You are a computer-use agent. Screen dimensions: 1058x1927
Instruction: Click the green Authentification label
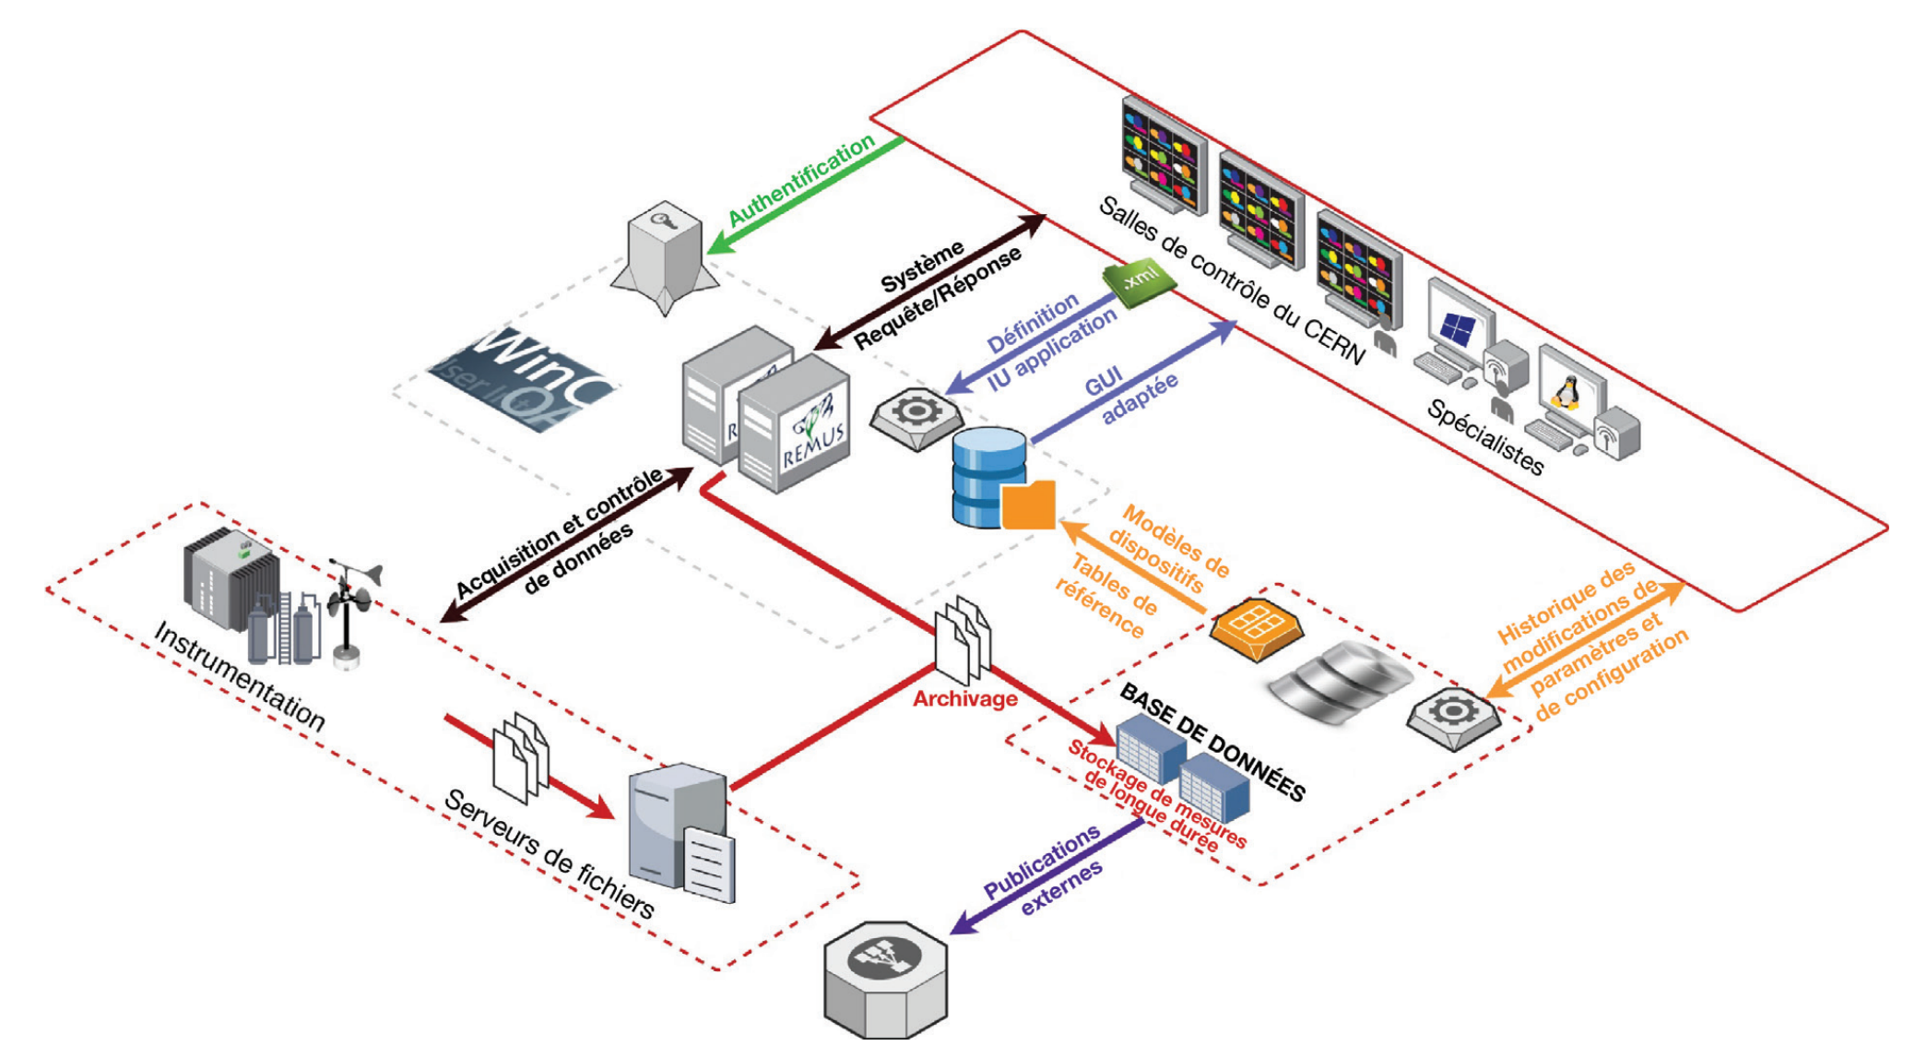point(801,179)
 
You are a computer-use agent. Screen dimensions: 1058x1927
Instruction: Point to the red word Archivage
point(964,699)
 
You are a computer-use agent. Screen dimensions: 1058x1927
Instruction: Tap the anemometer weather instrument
point(350,609)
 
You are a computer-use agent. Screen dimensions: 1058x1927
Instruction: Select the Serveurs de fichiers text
point(549,853)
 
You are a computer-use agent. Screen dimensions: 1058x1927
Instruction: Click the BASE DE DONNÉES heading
point(1212,743)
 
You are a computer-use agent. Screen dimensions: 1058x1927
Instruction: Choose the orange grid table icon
point(1256,627)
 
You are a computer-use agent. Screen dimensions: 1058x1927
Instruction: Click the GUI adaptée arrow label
point(1129,392)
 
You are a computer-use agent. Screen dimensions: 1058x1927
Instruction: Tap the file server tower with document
point(682,830)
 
